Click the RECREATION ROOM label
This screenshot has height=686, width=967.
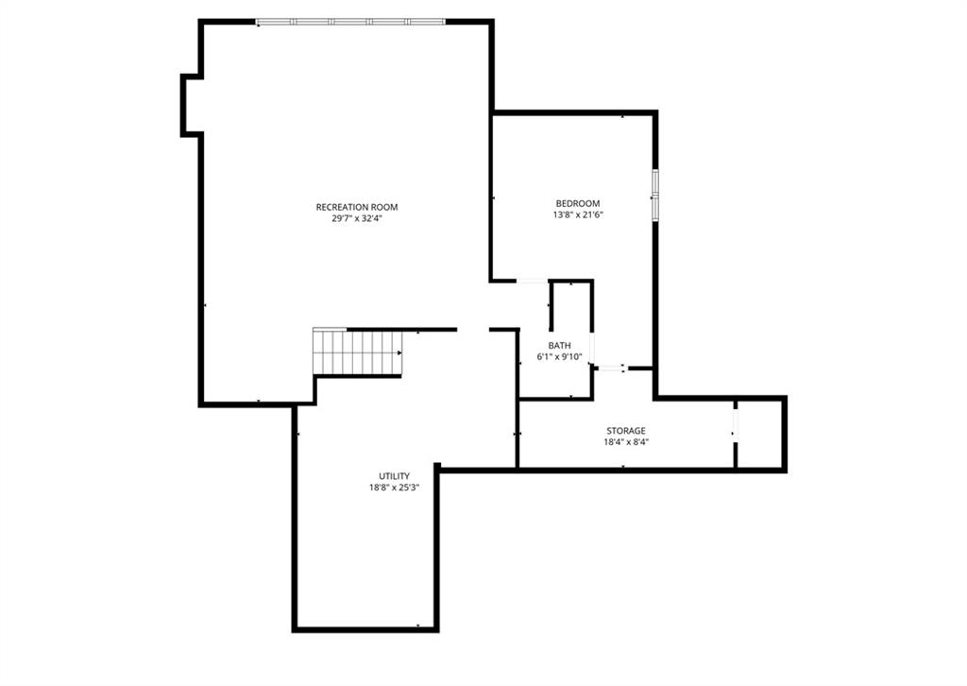point(356,207)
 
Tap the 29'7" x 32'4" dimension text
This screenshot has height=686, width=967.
point(357,218)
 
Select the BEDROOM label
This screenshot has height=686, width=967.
point(578,203)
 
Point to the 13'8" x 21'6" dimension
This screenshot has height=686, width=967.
point(578,214)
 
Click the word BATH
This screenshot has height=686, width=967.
point(559,346)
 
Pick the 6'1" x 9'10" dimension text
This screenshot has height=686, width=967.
point(559,356)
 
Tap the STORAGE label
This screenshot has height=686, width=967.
point(626,431)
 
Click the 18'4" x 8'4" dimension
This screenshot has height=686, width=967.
point(626,441)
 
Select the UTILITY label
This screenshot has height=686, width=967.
point(394,476)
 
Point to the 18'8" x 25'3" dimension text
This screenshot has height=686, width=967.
point(394,488)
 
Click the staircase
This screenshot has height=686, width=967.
point(358,352)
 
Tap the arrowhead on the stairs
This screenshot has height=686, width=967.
point(399,352)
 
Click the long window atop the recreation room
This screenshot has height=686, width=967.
point(350,22)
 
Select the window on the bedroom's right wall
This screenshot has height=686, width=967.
point(655,195)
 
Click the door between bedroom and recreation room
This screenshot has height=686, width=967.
point(532,282)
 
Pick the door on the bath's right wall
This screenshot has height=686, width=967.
point(592,350)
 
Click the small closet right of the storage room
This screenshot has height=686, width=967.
point(760,434)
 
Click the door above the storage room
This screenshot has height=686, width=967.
point(612,369)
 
